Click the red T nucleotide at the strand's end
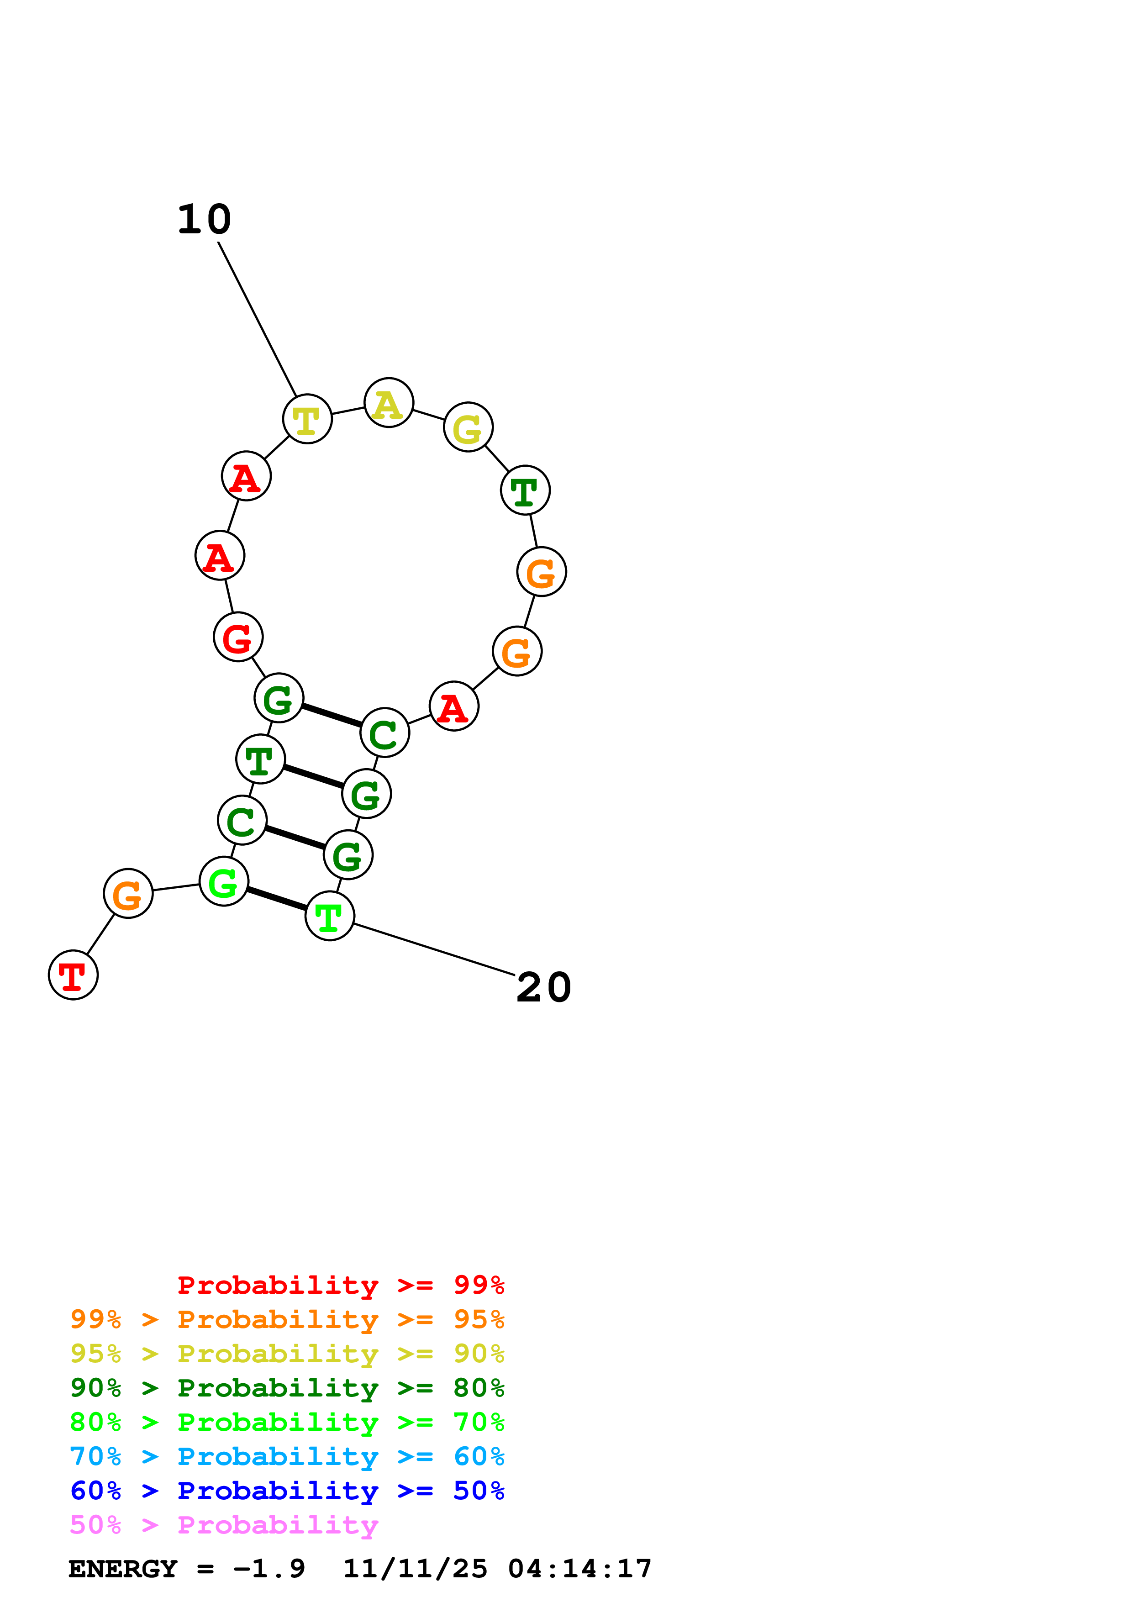(x=73, y=975)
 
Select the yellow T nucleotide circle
(x=307, y=419)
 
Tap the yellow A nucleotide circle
(x=389, y=403)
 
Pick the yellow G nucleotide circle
(x=468, y=427)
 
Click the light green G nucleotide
(x=223, y=881)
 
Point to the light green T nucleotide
(x=329, y=916)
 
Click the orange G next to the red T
(x=128, y=893)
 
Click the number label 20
(x=543, y=987)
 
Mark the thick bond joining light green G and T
(x=276, y=899)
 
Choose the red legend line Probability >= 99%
(x=340, y=1285)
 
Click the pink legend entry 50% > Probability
(x=223, y=1524)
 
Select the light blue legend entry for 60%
(x=287, y=1456)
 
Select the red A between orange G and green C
(x=453, y=706)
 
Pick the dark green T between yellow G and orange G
(x=525, y=490)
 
